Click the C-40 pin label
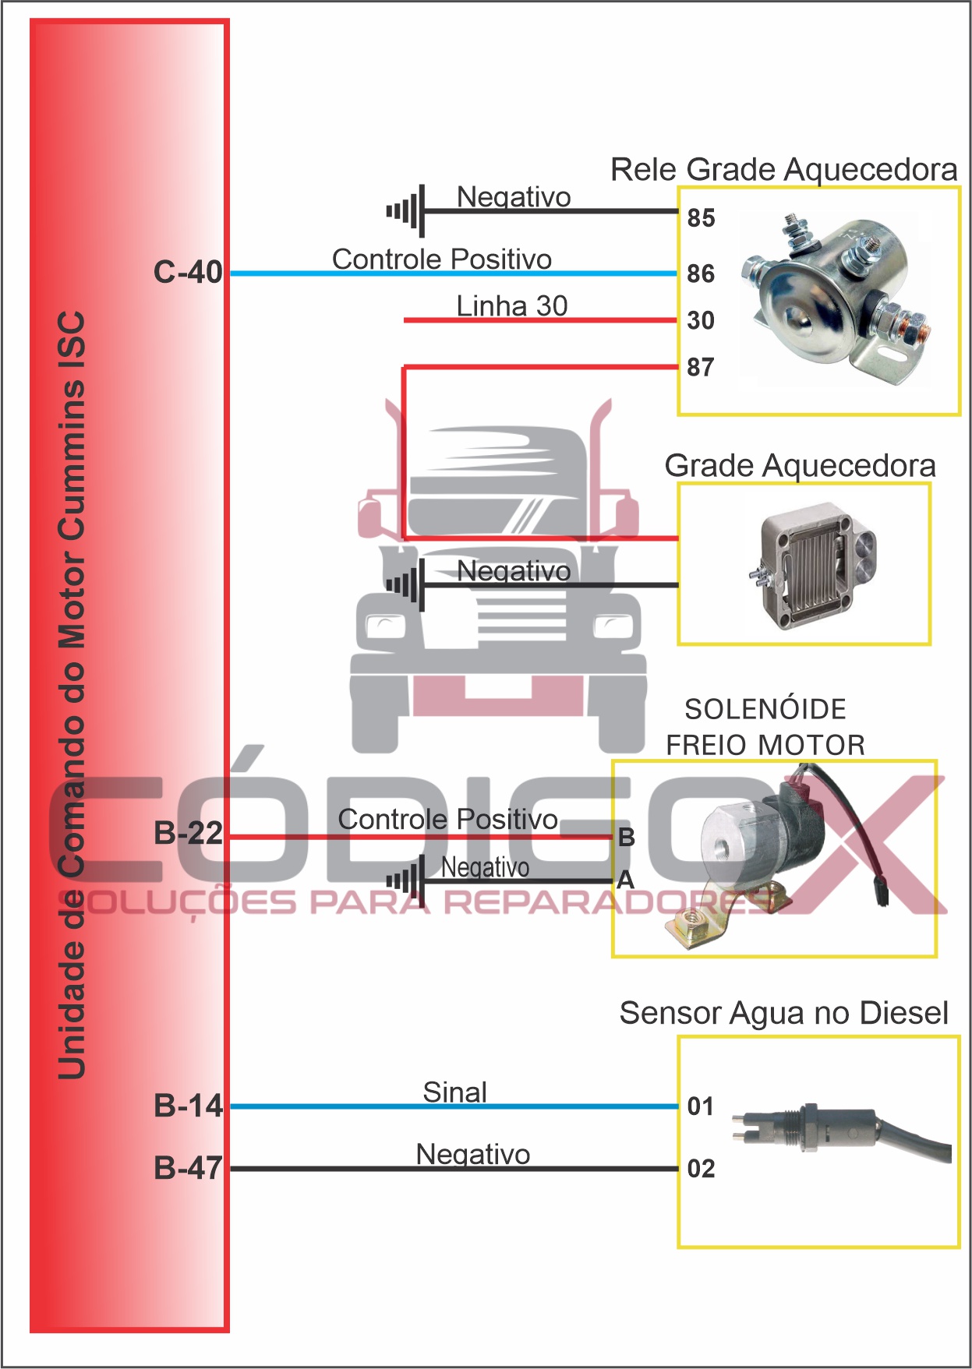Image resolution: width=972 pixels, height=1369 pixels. click(x=188, y=273)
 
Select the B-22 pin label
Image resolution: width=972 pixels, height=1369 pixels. click(x=188, y=833)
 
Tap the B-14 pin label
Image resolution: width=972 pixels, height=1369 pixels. click(x=188, y=1106)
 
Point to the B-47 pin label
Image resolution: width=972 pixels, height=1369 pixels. click(x=188, y=1168)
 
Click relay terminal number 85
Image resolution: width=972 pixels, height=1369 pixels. click(x=701, y=218)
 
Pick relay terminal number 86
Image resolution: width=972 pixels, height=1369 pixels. click(x=701, y=273)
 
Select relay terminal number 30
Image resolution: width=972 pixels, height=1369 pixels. click(x=701, y=320)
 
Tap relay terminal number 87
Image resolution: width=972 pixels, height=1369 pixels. click(x=701, y=367)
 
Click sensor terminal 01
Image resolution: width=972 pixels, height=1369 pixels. click(x=701, y=1106)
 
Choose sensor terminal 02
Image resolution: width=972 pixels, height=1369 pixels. click(x=701, y=1169)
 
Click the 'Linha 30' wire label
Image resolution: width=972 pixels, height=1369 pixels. click(x=511, y=306)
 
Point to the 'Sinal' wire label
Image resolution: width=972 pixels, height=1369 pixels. click(x=454, y=1092)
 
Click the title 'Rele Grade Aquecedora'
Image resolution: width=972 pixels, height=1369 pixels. click(x=783, y=169)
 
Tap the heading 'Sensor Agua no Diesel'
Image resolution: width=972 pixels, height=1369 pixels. click(x=783, y=1013)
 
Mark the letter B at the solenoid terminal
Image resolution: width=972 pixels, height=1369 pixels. click(x=626, y=838)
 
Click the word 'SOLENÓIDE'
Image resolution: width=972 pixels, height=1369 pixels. click(x=765, y=709)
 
